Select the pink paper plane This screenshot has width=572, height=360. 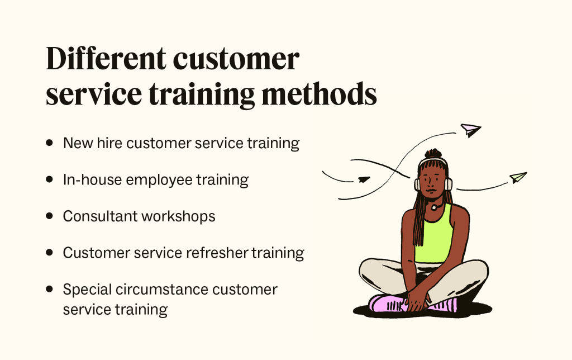coord(470,130)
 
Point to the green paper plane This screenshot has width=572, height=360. coord(518,178)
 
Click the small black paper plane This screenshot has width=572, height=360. coord(364,179)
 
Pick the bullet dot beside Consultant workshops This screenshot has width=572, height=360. coord(50,216)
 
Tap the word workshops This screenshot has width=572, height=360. coord(182,216)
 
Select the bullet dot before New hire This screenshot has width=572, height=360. coord(50,143)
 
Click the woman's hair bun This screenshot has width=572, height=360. coord(433,154)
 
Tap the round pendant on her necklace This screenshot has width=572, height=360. coord(433,207)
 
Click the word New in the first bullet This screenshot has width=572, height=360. coord(77,143)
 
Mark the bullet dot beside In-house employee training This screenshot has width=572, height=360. coord(50,180)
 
